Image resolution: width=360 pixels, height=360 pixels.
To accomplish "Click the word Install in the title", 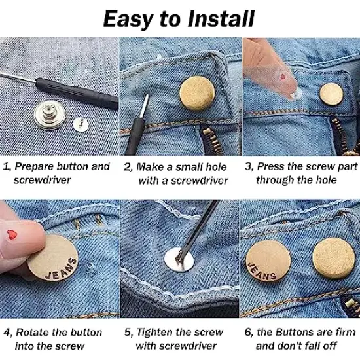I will [217, 18].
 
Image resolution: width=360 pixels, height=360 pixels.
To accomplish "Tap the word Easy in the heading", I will [131, 18].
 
